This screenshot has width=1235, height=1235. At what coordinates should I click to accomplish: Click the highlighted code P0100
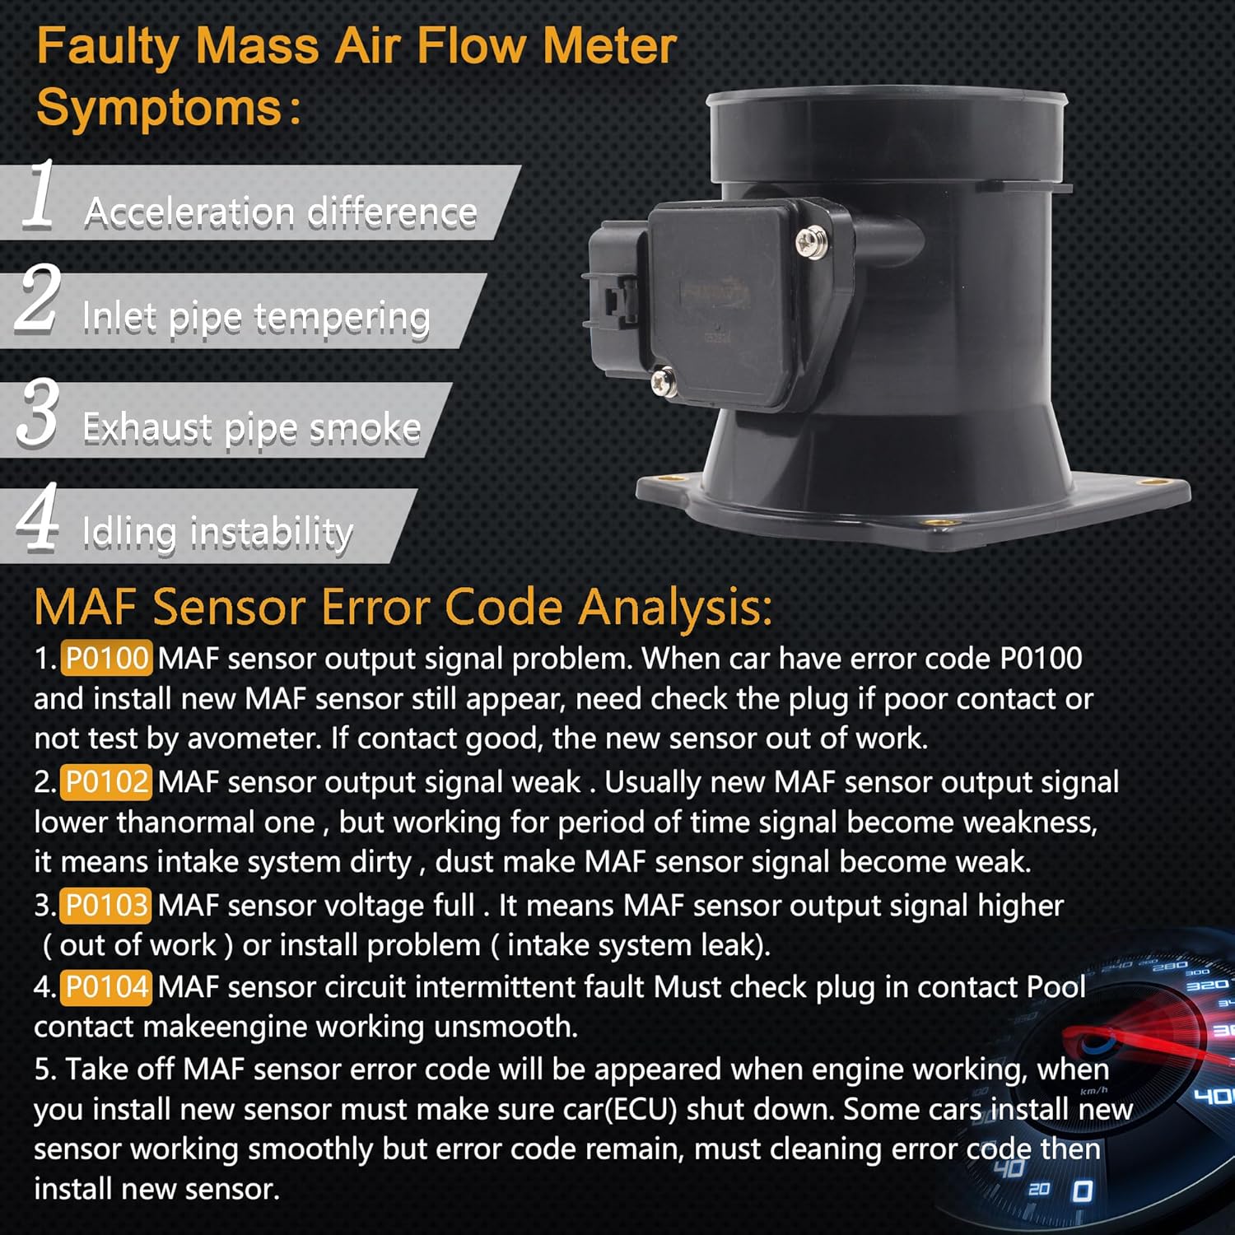click(106, 659)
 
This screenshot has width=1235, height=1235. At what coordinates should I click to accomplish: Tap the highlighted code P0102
click(106, 782)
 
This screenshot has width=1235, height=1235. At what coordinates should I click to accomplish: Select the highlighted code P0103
click(106, 906)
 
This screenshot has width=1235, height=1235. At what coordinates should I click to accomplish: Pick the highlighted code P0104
click(106, 986)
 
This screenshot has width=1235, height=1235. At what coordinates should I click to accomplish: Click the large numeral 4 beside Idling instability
click(38, 516)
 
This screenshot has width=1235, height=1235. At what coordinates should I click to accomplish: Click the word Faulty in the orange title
click(107, 47)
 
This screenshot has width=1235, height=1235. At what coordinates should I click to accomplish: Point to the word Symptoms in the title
click(160, 108)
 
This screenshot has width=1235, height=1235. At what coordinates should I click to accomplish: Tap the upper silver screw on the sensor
click(812, 242)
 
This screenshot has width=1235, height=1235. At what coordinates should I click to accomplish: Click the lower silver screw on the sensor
click(663, 381)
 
